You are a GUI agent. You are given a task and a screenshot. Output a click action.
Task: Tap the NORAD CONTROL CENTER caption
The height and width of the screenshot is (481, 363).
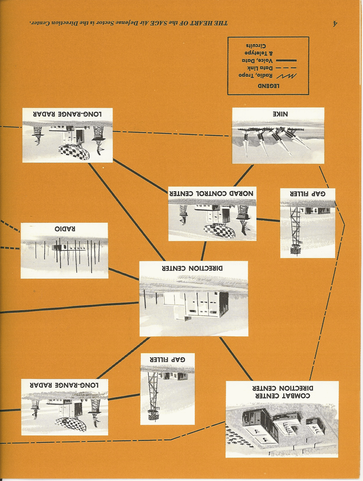(211, 193)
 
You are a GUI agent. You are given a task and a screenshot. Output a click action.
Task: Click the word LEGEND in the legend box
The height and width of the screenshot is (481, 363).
(268, 86)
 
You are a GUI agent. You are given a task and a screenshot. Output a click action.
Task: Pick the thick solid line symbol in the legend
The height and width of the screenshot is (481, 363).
(286, 61)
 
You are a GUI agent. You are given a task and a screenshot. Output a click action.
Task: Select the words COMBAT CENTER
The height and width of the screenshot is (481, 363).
(282, 396)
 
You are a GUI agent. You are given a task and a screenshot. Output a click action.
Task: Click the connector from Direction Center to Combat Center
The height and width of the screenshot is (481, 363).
(236, 358)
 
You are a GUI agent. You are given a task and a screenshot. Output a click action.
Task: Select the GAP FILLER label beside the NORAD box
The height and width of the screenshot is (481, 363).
(307, 193)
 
